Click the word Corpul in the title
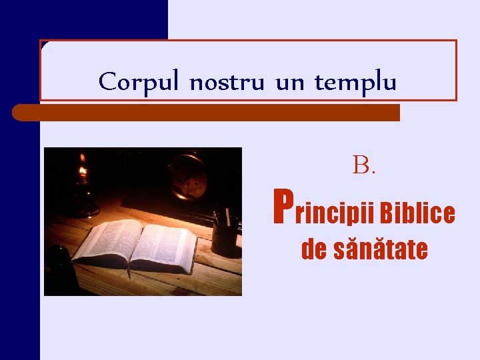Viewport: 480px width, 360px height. click(x=139, y=83)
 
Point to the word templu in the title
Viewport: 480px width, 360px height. click(x=355, y=84)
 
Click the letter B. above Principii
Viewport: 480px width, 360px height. click(x=364, y=165)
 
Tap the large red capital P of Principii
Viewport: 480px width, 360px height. click(x=283, y=207)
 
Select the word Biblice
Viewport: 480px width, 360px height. click(x=419, y=213)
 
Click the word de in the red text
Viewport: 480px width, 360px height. click(x=315, y=250)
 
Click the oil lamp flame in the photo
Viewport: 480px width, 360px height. click(x=83, y=173)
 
